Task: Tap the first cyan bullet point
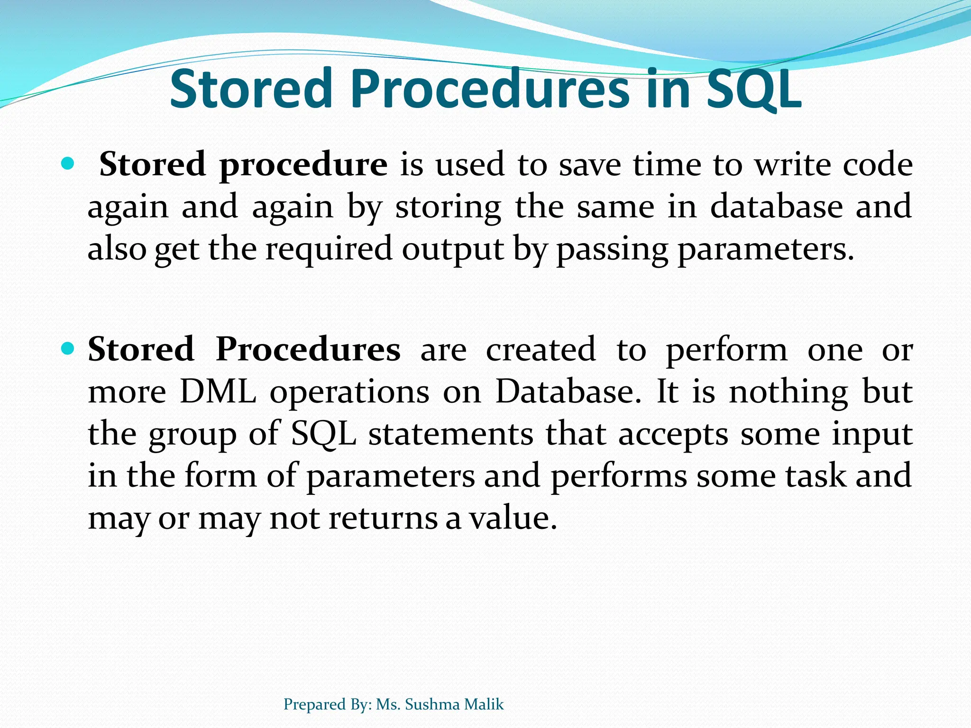(x=68, y=164)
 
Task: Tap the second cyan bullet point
(x=68, y=349)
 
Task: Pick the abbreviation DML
(x=218, y=392)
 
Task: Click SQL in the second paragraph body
(x=323, y=434)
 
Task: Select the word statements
(x=451, y=434)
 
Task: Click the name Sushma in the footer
(x=432, y=704)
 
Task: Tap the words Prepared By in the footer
(x=327, y=704)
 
